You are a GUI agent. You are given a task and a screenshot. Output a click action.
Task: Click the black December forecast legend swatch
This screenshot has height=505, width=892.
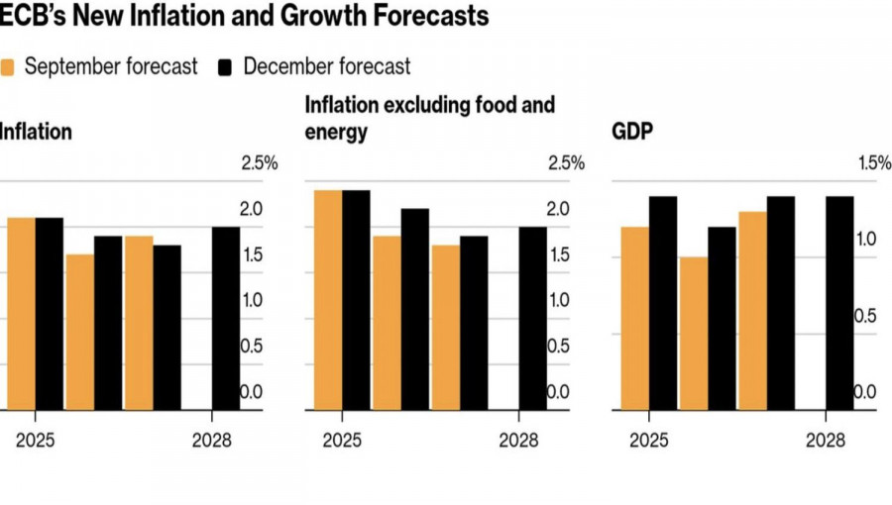click(226, 67)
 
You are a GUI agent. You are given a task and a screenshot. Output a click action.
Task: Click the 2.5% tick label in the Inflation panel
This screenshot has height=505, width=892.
click(261, 163)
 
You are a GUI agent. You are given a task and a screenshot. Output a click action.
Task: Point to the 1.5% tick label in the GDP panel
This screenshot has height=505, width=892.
click(873, 163)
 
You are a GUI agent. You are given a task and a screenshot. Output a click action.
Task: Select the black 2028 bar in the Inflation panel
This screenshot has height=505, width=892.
click(225, 318)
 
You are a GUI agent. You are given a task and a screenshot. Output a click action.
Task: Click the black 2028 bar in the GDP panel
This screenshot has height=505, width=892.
click(839, 303)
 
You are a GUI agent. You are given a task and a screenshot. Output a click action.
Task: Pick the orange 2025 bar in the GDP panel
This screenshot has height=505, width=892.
click(635, 318)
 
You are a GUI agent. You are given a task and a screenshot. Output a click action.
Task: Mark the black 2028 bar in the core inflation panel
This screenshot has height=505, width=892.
click(532, 318)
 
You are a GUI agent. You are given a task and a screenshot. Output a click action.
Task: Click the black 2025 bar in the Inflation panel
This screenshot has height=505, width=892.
click(50, 313)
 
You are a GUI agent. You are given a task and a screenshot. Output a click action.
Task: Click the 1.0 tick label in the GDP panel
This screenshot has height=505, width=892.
click(865, 240)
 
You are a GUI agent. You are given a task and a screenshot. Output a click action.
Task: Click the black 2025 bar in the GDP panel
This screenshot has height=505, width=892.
click(663, 303)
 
